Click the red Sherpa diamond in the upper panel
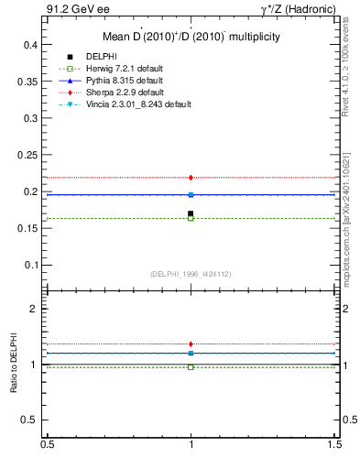pyautogui.click(x=191, y=177)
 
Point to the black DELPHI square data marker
pyautogui.click(x=191, y=213)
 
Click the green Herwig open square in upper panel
pyautogui.click(x=191, y=218)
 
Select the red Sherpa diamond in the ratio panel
pyautogui.click(x=191, y=344)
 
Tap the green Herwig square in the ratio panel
pyautogui.click(x=191, y=366)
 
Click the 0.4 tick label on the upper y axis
pyautogui.click(x=29, y=44)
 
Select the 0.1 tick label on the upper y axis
pyautogui.click(x=29, y=266)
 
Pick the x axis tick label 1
pyautogui.click(x=191, y=445)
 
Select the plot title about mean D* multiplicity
pyautogui.click(x=190, y=37)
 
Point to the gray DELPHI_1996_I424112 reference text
pyautogui.click(x=191, y=274)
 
